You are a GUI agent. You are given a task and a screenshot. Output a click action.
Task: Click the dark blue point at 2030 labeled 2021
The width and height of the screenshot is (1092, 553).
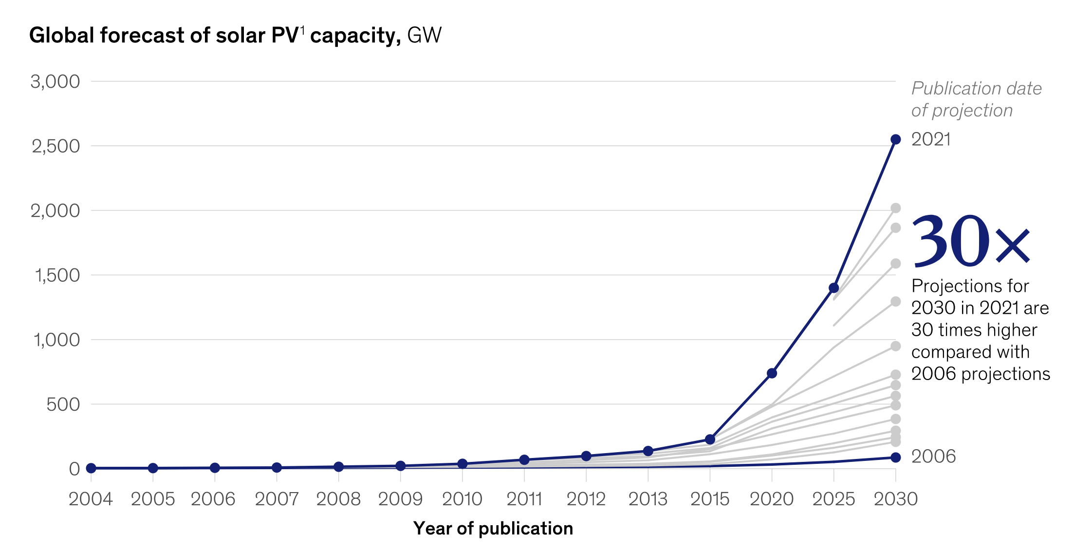895,139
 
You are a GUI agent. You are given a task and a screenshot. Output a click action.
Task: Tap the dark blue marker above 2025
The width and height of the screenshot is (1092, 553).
833,288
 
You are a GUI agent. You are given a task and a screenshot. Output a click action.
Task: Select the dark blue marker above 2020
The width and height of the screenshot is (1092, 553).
772,373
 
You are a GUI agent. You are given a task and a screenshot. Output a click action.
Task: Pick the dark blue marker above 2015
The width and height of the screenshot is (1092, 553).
710,439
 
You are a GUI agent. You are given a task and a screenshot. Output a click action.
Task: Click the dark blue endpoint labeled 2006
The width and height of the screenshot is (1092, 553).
895,457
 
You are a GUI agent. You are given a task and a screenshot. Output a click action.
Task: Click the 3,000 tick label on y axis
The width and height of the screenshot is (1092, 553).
55,82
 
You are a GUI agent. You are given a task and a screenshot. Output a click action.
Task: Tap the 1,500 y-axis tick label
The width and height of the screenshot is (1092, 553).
57,275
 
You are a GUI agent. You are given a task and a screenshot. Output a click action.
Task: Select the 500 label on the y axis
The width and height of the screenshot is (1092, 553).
63,404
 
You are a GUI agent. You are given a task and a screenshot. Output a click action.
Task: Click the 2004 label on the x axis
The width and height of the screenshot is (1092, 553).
91,499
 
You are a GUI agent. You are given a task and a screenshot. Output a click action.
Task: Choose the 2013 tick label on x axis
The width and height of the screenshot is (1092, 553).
648,499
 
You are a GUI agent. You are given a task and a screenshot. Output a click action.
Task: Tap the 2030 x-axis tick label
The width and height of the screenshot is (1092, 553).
895,499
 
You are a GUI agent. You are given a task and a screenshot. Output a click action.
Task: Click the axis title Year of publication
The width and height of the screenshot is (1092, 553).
493,529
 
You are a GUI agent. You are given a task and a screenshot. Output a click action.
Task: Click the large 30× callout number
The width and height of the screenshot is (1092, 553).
970,242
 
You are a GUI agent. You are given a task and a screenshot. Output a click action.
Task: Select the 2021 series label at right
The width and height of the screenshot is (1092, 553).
930,140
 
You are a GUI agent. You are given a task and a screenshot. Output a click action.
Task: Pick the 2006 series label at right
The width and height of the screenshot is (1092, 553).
933,457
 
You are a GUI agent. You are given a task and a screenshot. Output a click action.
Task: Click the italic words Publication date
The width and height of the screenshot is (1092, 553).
976,89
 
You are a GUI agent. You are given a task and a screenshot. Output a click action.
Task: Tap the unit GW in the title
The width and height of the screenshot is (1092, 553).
424,36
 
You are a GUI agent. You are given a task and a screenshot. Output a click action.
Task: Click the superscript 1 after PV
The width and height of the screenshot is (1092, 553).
302,30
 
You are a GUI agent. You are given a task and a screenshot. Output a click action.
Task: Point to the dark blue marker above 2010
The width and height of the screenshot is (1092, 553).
462,464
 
